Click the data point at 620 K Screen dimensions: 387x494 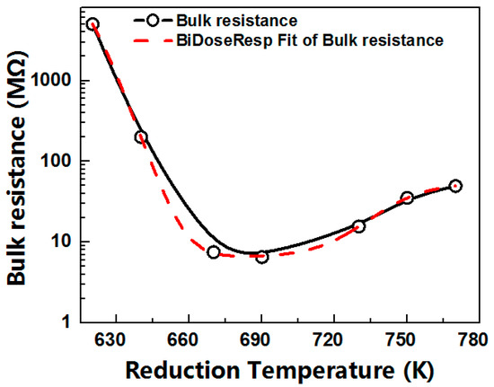coord(93,24)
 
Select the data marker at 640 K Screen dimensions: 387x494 coord(141,136)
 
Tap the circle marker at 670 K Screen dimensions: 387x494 coord(213,252)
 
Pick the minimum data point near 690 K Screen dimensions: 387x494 coord(261,257)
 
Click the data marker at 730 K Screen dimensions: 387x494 coord(358,226)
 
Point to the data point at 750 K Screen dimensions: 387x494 coord(406,198)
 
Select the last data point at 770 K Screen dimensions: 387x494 coord(455,186)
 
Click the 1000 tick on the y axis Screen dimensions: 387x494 coord(57,81)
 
